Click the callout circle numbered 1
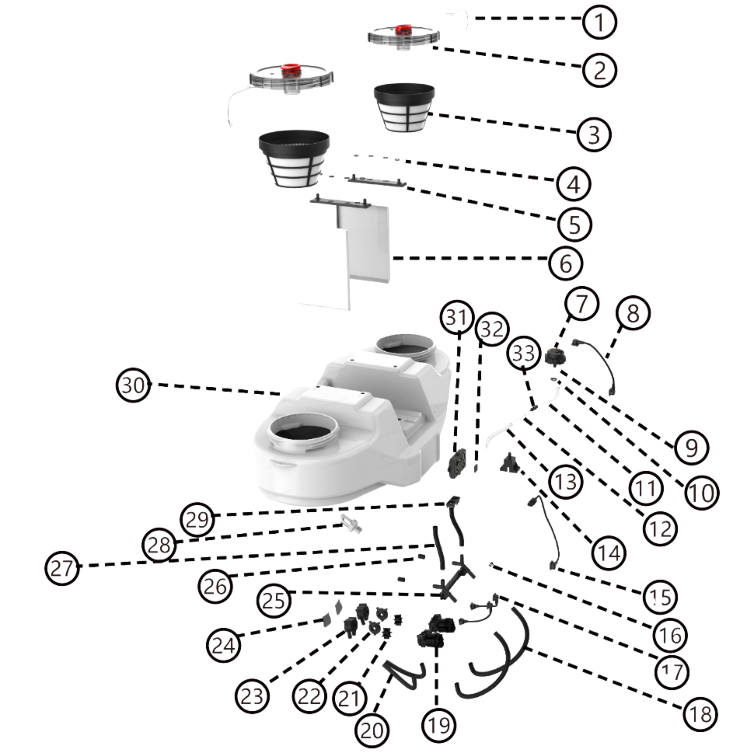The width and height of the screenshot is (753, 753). point(599,22)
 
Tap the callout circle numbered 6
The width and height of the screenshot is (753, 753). point(566,264)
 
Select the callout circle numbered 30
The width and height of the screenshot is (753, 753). point(133,385)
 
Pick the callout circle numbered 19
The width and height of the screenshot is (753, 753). point(439,725)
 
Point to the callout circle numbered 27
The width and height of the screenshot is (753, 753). point(62,568)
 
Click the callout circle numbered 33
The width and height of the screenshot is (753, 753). point(524,353)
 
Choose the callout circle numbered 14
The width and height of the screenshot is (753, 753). point(609,553)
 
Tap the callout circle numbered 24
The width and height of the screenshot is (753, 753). point(223,645)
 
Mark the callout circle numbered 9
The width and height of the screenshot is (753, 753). point(691,447)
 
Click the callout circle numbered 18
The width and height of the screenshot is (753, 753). point(700,714)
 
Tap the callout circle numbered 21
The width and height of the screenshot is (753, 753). point(349,698)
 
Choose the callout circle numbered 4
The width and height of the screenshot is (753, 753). point(573,184)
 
